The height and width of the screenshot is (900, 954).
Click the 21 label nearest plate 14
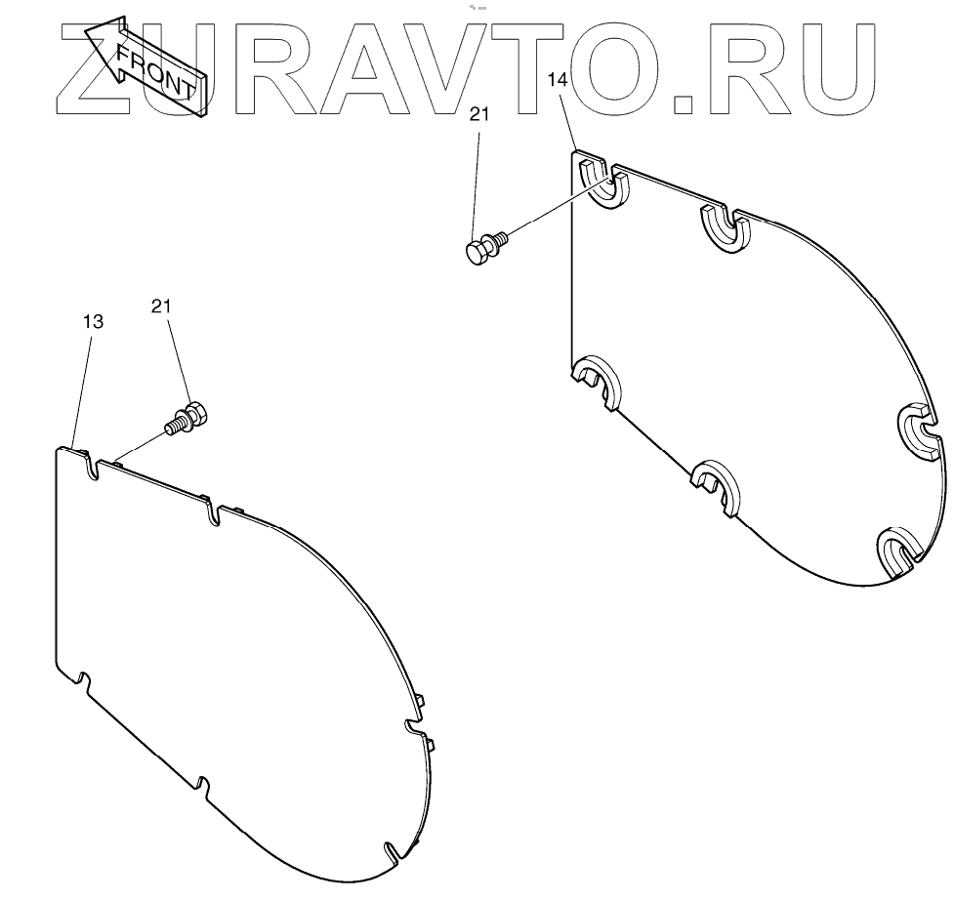[478, 114]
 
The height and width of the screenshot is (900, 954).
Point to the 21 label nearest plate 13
[161, 306]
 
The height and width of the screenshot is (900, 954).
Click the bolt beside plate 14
[484, 247]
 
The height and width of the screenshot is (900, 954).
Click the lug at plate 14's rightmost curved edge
[919, 430]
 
